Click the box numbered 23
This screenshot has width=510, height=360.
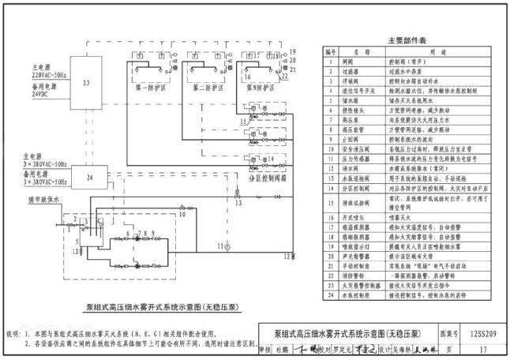tap(86, 83)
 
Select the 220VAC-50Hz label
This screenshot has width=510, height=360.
tap(49, 74)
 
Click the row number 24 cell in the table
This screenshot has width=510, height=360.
tap(332, 296)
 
